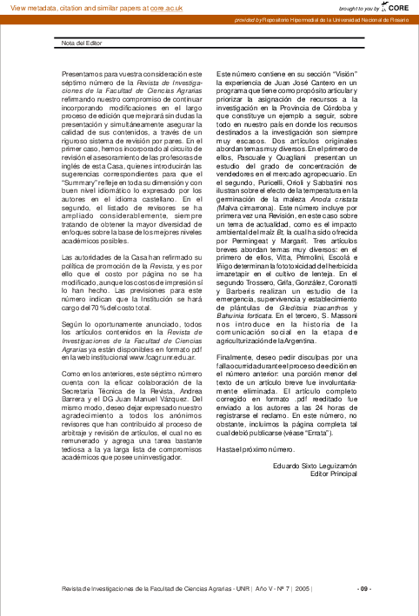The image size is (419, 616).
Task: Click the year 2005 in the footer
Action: pos(303,588)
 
